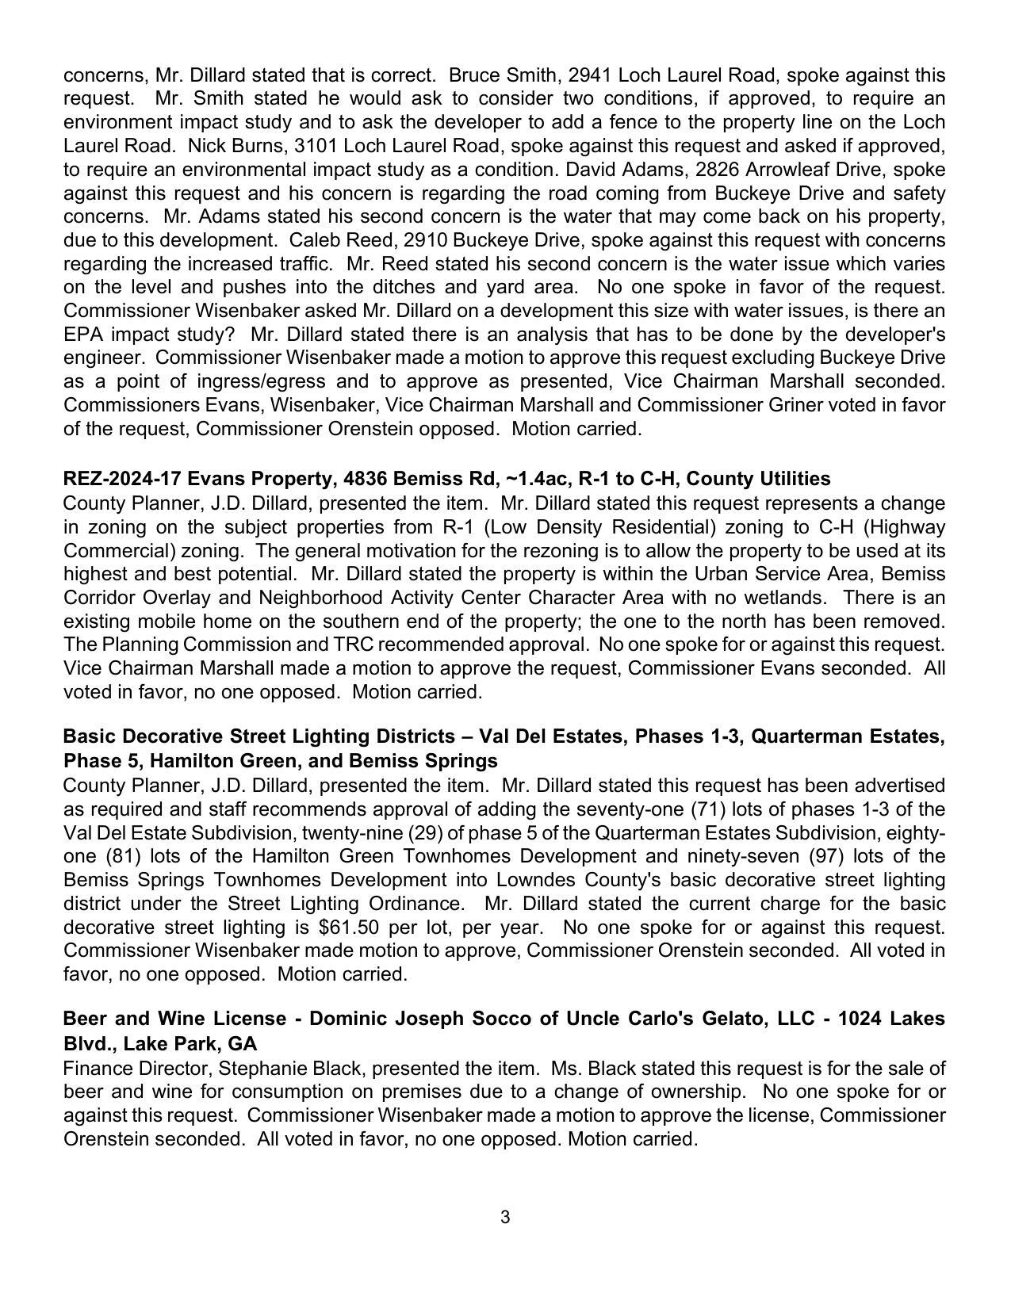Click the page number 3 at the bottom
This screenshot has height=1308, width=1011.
[505, 1217]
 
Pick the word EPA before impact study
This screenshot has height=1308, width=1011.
[83, 334]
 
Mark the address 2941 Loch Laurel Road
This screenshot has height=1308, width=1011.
[675, 75]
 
